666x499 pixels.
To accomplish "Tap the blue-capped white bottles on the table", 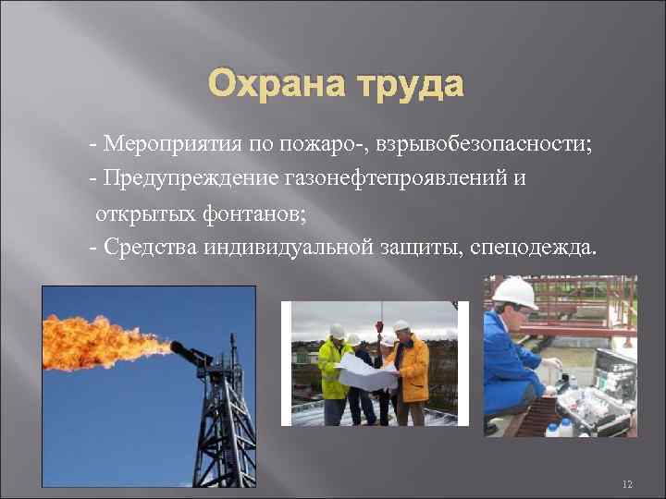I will [x=559, y=428].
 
